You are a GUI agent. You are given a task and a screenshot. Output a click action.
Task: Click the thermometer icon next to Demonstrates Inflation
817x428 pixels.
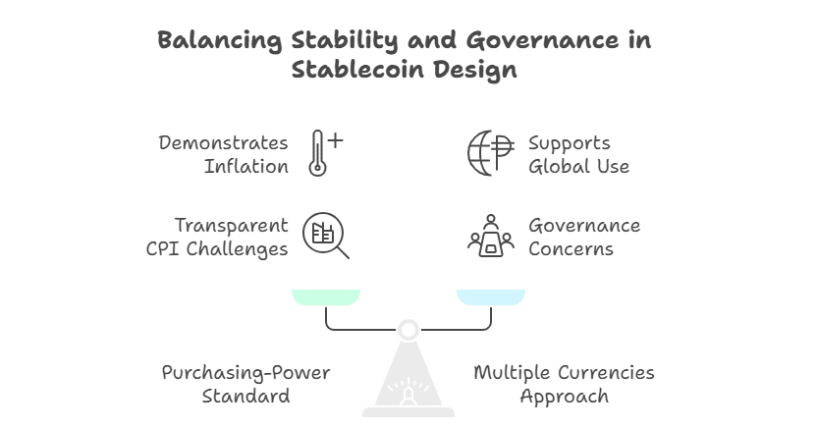click(317, 153)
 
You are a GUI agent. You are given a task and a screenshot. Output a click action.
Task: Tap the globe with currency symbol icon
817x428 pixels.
click(491, 153)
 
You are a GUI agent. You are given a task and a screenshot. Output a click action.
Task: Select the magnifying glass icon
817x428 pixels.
click(326, 236)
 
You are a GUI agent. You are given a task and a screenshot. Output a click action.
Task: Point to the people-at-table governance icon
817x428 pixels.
click(491, 236)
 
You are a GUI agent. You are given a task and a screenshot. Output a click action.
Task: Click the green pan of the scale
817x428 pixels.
click(326, 296)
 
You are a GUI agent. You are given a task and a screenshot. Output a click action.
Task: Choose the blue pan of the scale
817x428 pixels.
click(491, 296)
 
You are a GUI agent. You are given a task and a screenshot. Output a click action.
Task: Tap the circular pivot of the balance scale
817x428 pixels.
click(408, 330)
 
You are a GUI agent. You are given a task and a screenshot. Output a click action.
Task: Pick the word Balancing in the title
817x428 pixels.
click(219, 41)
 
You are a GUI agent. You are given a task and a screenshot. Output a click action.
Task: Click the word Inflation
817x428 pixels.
click(245, 167)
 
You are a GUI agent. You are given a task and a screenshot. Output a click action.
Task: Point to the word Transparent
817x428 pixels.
click(231, 226)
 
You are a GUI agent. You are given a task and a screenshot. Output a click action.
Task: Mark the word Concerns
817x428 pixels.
click(572, 249)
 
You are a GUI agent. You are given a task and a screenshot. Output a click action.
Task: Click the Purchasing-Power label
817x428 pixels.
click(245, 373)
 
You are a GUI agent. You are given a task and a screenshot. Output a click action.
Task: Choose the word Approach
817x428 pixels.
click(565, 397)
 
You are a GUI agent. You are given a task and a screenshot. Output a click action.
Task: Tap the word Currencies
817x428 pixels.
click(606, 373)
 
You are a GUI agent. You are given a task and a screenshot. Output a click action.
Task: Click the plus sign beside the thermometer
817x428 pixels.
click(336, 140)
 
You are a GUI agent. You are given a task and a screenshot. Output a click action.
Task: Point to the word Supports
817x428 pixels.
click(570, 143)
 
